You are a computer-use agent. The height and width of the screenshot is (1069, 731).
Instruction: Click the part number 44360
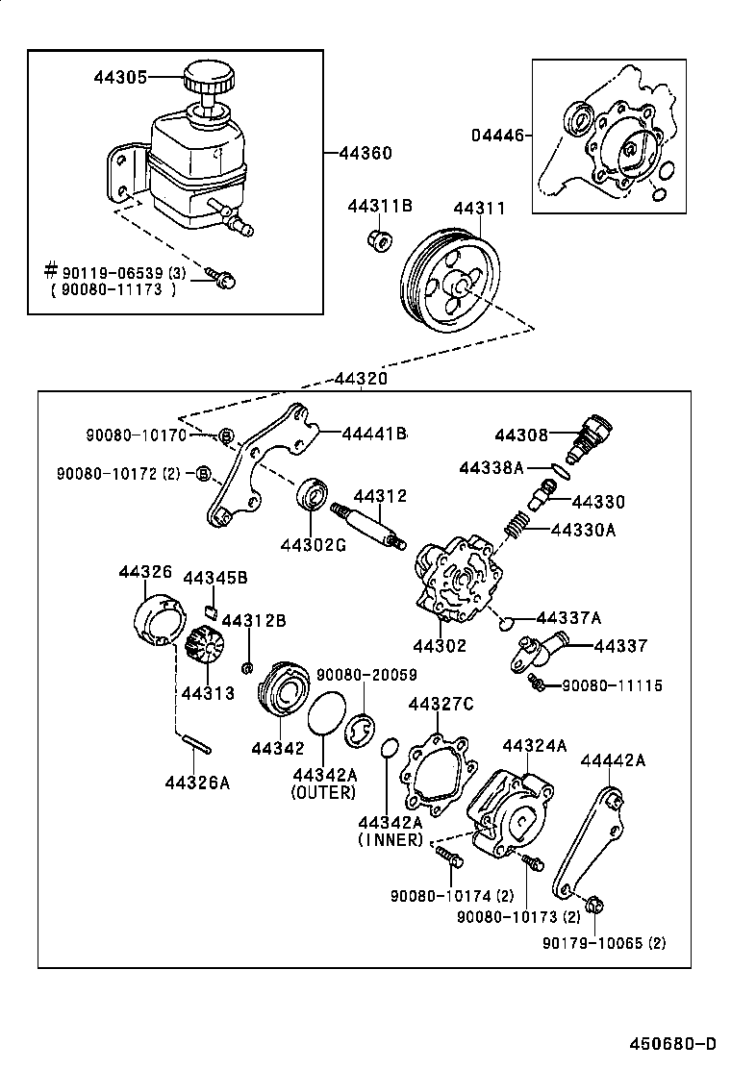click(366, 153)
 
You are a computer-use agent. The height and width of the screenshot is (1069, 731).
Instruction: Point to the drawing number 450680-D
click(673, 1044)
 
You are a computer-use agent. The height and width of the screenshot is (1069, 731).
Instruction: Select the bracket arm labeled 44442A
click(587, 839)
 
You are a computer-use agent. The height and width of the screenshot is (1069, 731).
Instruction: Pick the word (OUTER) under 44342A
click(323, 792)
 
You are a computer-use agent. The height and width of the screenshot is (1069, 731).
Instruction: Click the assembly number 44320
click(361, 379)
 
